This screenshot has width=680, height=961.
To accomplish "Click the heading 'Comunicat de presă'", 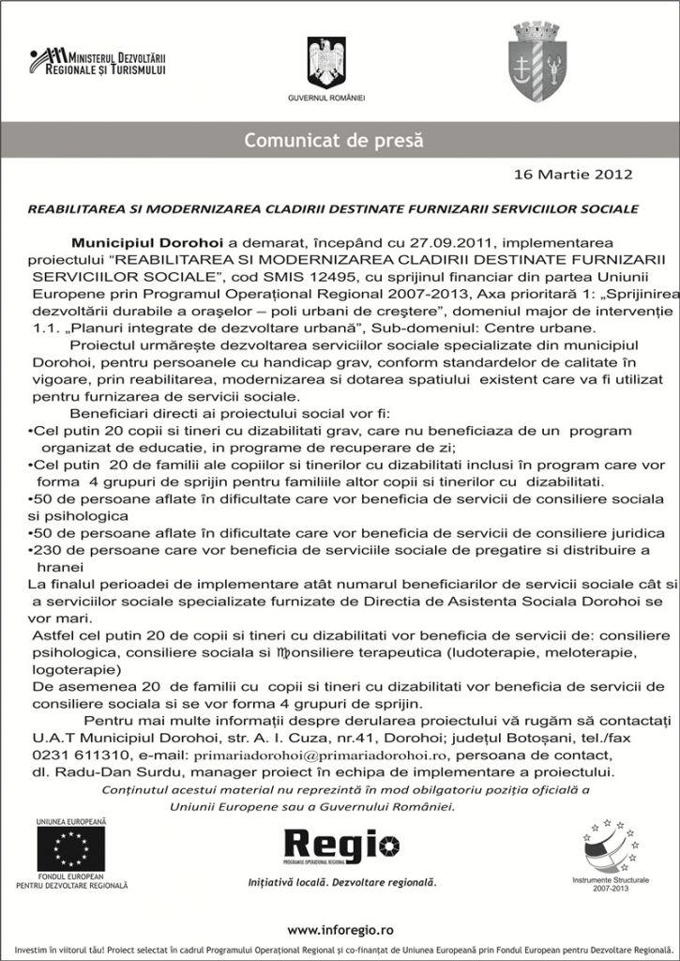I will click(x=334, y=142).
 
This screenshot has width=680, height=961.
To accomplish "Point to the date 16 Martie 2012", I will click(x=573, y=175).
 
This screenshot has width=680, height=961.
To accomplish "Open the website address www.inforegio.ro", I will click(x=340, y=929).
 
